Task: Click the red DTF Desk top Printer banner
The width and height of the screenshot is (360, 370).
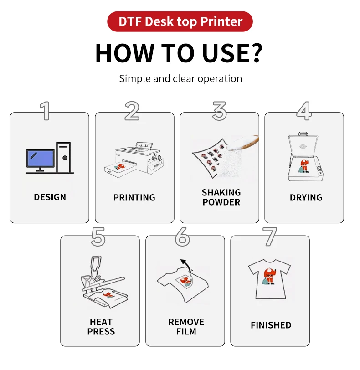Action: (180, 21)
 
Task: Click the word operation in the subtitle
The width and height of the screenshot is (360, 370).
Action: (220, 79)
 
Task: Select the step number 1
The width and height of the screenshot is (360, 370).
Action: (45, 111)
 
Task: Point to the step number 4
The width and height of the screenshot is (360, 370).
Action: (304, 111)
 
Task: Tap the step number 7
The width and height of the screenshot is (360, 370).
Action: (270, 236)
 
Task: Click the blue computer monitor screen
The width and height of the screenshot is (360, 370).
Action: (41, 158)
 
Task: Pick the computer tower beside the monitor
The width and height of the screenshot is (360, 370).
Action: (63, 157)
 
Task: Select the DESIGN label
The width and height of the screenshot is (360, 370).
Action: (50, 197)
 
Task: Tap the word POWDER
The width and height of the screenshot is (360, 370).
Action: (221, 202)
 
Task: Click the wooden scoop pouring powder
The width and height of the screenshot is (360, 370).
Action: (245, 142)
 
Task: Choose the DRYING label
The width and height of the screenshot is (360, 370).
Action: (306, 197)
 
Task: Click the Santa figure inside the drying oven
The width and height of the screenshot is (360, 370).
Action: (304, 166)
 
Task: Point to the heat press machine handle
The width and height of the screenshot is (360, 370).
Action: (96, 266)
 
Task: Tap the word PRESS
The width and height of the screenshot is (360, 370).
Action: (101, 332)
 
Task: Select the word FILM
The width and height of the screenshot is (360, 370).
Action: (186, 332)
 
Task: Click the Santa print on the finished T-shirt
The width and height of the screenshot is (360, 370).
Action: (269, 276)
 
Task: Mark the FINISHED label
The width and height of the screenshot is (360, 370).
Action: (271, 325)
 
